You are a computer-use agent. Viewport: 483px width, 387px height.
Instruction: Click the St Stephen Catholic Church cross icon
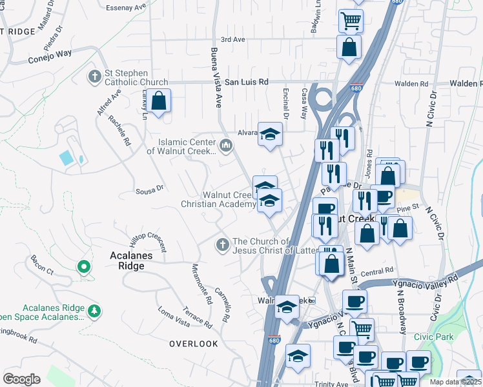pyautogui.click(x=95, y=77)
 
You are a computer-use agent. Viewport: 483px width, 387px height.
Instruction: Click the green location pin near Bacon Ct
pyautogui.click(x=83, y=266)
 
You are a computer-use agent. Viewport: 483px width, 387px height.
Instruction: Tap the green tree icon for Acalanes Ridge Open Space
pyautogui.click(x=94, y=312)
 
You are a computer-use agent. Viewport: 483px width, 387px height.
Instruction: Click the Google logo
pyautogui.click(x=21, y=379)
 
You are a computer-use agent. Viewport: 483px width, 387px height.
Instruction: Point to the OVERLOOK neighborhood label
pyautogui.click(x=194, y=344)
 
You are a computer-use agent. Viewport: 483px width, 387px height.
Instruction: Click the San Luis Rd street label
pyautogui.click(x=246, y=83)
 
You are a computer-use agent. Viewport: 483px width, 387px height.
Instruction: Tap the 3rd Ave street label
pyautogui.click(x=233, y=39)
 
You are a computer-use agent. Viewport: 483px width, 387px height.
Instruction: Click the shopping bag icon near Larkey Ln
pyautogui.click(x=158, y=101)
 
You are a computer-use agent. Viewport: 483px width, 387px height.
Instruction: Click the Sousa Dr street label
pyautogui.click(x=150, y=189)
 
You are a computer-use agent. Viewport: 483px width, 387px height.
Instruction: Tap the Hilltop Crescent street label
pyautogui.click(x=148, y=242)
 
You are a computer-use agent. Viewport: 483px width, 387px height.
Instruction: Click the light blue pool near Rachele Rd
pyautogui.click(x=67, y=157)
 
